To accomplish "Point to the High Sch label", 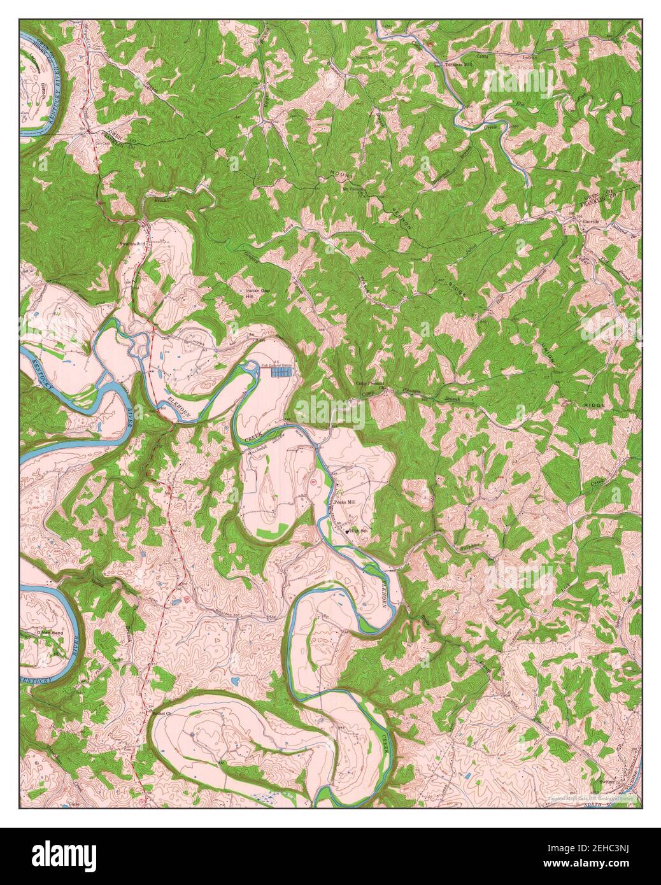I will (357, 531).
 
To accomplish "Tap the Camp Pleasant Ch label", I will (368, 386).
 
